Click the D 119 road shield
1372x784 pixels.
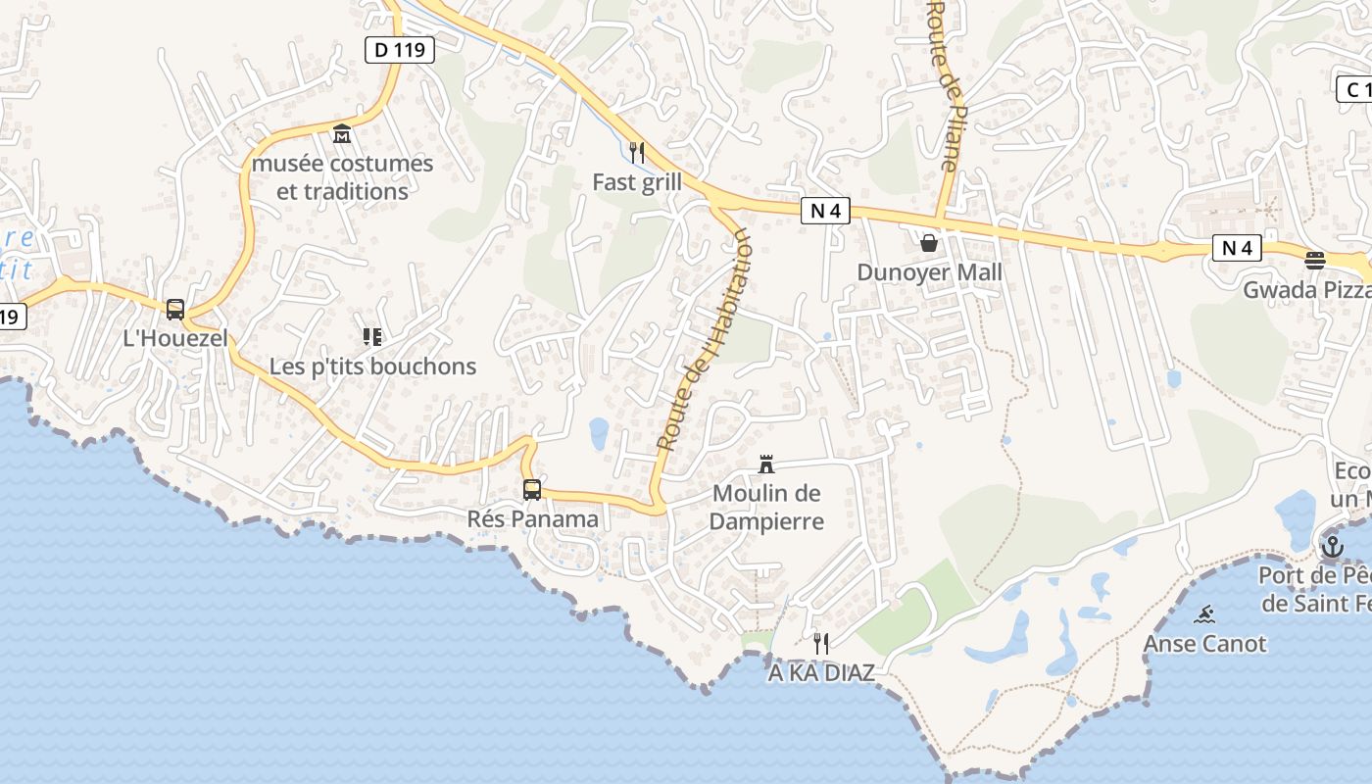400,49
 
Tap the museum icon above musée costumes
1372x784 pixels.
342,134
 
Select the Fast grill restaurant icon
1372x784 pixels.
637,153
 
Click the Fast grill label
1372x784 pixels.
637,182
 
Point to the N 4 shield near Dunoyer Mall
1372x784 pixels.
825,210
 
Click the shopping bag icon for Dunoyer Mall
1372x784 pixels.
929,242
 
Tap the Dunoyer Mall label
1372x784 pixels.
929,271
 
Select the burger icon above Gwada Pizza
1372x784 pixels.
1315,261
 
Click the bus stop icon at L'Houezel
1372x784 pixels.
175,310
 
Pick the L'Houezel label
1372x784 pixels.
175,339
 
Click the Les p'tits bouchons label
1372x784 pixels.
372,367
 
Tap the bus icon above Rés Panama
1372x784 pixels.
532,490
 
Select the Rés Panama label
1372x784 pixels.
532,518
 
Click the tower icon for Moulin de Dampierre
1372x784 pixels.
766,465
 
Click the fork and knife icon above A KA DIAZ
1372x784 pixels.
821,643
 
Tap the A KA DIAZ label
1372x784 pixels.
821,673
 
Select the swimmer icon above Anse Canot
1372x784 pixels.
1205,614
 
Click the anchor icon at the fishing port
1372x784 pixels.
1332,546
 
